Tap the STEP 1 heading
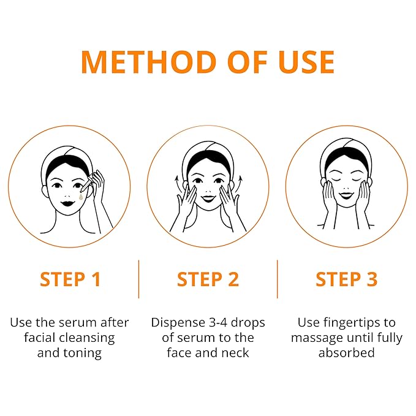tap(70, 279)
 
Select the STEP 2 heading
tap(208, 279)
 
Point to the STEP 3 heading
tap(346, 279)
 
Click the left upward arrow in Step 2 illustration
tap(177, 181)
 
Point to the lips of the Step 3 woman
tap(346, 195)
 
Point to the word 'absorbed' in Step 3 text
tap(346, 353)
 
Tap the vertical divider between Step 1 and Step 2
tap(138, 279)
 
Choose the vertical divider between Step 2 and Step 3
tap(277, 279)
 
